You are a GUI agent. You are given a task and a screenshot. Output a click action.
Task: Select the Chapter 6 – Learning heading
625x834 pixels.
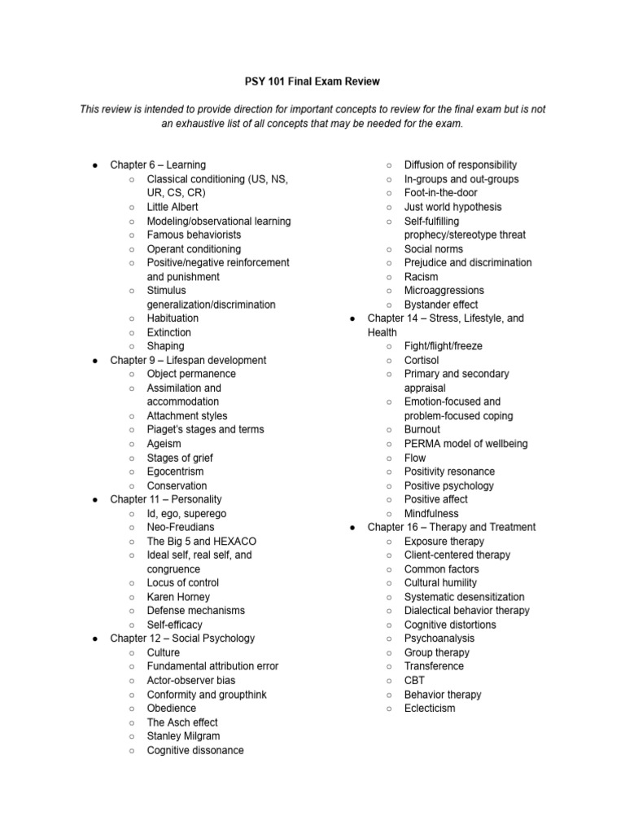(x=158, y=165)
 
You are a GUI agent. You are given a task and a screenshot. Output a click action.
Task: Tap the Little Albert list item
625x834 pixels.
(x=173, y=207)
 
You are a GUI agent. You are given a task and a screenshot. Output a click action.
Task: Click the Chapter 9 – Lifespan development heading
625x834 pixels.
(x=188, y=360)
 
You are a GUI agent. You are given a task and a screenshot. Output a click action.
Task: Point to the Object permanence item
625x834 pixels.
(x=191, y=374)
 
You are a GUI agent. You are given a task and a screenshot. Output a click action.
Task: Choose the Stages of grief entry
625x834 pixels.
(x=180, y=458)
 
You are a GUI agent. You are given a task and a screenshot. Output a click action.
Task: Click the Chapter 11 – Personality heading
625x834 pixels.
(x=166, y=499)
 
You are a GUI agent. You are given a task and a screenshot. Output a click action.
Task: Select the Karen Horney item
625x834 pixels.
(x=178, y=597)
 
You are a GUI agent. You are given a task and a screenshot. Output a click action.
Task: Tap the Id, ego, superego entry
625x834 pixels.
(x=186, y=514)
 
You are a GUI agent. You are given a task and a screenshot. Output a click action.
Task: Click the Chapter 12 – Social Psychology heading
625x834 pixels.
(x=182, y=639)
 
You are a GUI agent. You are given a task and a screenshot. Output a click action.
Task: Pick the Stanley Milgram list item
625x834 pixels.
(x=183, y=736)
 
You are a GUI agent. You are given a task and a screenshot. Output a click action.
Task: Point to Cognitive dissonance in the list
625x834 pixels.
(x=195, y=750)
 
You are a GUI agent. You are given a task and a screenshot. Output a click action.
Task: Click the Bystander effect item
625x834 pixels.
(x=441, y=305)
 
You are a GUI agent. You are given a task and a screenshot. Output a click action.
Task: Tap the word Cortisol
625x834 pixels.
(x=422, y=360)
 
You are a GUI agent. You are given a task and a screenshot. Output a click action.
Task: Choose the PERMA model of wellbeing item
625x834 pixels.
(x=465, y=444)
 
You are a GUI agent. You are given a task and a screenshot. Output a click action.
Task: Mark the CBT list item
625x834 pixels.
(x=415, y=680)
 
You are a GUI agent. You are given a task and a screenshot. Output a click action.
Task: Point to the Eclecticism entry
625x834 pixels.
(x=430, y=709)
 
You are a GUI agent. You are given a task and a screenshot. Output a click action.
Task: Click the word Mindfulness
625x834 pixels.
(x=431, y=514)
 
